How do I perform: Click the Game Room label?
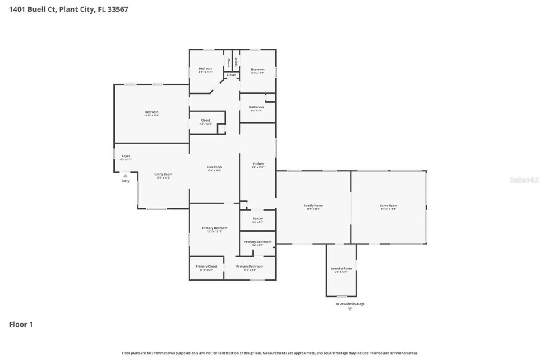point(388,206)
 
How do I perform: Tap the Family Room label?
point(313,206)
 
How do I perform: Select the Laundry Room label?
point(341,268)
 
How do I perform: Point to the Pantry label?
point(258,219)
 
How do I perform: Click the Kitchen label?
point(258,164)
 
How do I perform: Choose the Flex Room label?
point(214,167)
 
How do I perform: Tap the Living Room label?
point(163,174)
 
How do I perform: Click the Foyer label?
point(126,156)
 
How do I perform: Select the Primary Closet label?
point(206,266)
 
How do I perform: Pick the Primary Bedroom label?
point(214,228)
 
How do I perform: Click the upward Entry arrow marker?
point(125,176)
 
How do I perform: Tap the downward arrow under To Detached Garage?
point(350,309)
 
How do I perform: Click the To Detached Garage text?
point(350,303)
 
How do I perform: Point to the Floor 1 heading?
point(21,324)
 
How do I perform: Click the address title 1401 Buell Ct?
point(69,9)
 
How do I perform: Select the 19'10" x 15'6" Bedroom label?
point(151,112)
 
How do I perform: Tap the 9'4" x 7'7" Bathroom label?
point(256,107)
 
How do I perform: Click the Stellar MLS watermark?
point(524,180)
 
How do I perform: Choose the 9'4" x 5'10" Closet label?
point(205,120)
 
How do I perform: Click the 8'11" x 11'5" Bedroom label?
point(205,68)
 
